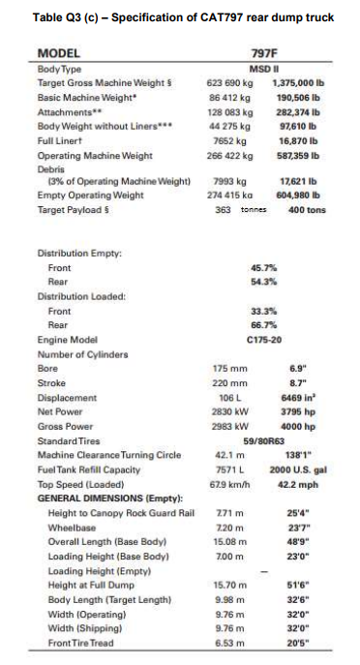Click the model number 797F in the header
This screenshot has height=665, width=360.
(264, 56)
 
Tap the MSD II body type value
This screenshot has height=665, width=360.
(264, 70)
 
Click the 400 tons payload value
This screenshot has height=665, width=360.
(305, 210)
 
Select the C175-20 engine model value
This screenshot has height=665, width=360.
(264, 340)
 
